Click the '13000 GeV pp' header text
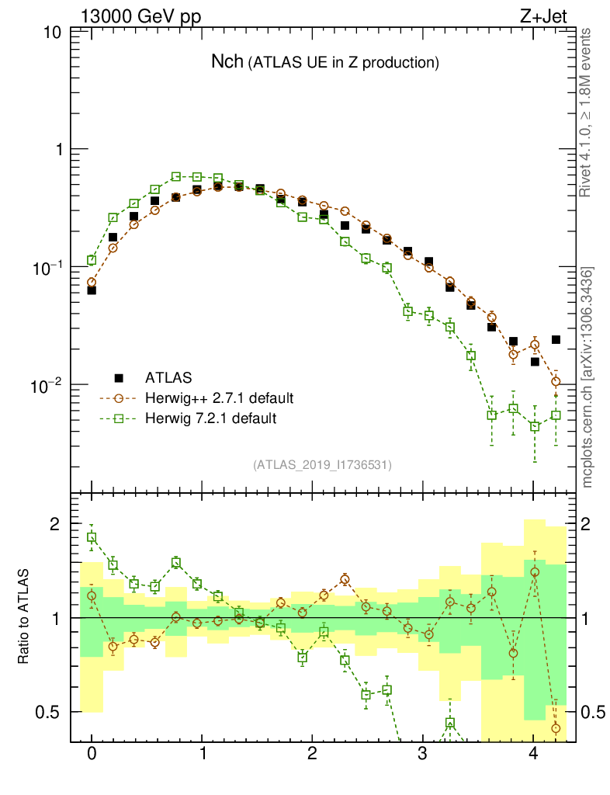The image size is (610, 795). click(x=140, y=16)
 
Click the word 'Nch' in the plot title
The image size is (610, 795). click(x=227, y=62)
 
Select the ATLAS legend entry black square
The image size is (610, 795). click(x=120, y=378)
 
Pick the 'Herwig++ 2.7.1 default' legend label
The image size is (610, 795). click(x=219, y=398)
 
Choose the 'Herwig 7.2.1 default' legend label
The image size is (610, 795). click(x=210, y=418)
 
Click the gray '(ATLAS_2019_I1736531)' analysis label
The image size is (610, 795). click(x=322, y=465)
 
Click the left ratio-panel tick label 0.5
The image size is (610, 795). click(x=51, y=712)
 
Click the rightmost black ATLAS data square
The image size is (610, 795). click(x=556, y=339)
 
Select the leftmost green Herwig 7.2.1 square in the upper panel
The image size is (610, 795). click(x=92, y=260)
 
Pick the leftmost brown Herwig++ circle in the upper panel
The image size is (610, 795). click(x=92, y=283)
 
